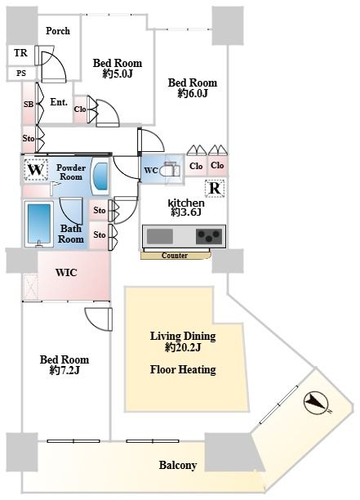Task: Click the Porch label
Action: click(58, 31)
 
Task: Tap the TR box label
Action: click(20, 52)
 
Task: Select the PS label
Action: click(21, 74)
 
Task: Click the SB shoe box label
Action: click(29, 104)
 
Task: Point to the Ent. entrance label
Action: click(59, 102)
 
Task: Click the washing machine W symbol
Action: click(36, 170)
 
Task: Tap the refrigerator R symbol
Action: click(215, 189)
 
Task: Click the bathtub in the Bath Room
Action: click(39, 224)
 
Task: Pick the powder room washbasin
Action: click(100, 176)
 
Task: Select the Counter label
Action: click(175, 256)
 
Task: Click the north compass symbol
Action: click(316, 403)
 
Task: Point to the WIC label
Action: click(66, 273)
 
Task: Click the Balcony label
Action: click(177, 465)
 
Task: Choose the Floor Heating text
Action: click(183, 369)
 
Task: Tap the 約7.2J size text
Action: click(64, 371)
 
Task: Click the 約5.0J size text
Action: click(118, 74)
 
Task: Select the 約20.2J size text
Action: click(183, 347)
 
